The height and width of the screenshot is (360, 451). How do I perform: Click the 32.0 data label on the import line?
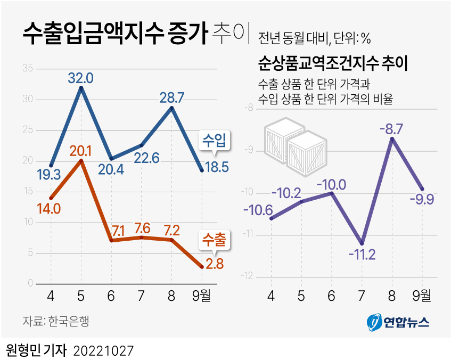coord(80,78)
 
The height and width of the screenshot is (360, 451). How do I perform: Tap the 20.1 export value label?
coord(80,151)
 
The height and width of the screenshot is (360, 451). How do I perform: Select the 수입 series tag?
coord(214,141)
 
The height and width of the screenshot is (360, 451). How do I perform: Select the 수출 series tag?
coord(213,240)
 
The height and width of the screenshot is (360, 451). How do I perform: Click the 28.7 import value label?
coord(171,97)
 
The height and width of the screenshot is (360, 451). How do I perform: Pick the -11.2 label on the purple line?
coord(362,254)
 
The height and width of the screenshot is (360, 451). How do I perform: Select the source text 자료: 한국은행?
coord(56,321)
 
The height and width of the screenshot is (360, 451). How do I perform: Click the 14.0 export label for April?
coord(48,208)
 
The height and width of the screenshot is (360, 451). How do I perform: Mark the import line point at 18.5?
coord(202,170)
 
